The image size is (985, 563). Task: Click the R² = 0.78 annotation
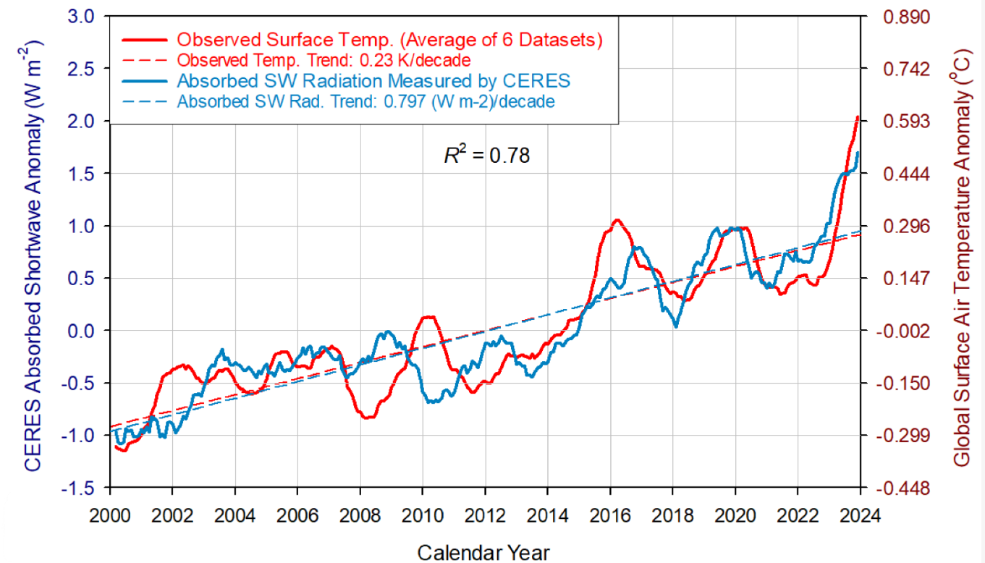point(486,154)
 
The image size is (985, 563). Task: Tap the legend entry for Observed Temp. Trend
point(324,59)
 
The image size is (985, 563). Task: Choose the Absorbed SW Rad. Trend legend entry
point(366,101)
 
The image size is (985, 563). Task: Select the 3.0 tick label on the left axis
point(81,17)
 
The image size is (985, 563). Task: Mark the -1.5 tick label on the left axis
point(78,488)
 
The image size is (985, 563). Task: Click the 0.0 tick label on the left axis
point(81,331)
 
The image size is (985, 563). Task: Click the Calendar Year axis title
point(483,551)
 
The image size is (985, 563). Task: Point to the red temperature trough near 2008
point(367,418)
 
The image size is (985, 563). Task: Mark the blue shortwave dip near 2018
point(676,326)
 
